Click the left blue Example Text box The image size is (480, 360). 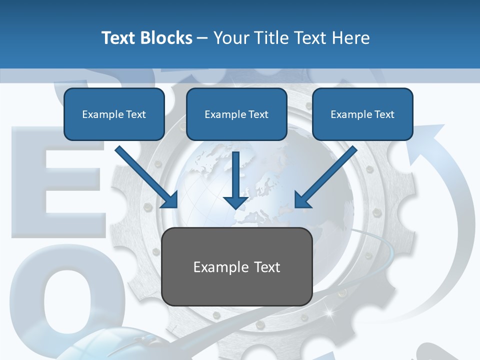click(114, 114)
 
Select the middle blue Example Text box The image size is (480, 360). click(236, 114)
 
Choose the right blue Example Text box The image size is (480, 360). click(362, 114)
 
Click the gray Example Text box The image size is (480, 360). click(237, 266)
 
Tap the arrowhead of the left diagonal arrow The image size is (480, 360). click(170, 200)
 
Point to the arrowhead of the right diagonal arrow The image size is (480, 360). click(302, 200)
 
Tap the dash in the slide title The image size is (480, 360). click(202, 38)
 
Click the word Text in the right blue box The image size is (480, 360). click(384, 114)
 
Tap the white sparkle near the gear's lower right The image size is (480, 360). click(329, 313)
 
